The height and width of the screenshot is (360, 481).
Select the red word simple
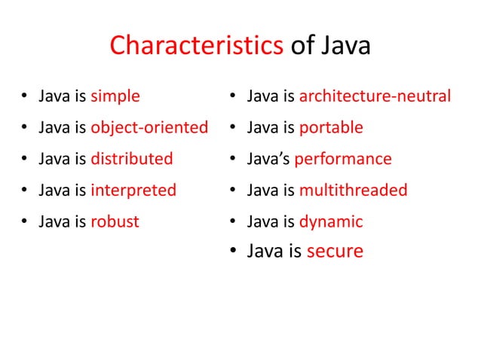tap(115, 96)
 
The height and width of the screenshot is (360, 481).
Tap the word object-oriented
tap(149, 128)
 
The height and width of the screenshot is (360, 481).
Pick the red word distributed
tap(132, 159)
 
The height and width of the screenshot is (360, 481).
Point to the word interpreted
tap(133, 191)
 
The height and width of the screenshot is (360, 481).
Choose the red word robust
tap(115, 222)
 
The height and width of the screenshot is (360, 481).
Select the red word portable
tap(331, 128)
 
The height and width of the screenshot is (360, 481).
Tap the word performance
tap(343, 159)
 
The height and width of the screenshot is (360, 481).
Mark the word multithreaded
tap(353, 191)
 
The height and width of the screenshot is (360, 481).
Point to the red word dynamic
tap(331, 222)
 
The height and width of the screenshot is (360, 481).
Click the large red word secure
tap(335, 251)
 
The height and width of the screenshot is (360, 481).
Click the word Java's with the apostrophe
tap(269, 159)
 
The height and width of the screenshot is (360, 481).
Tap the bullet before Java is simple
tap(25, 97)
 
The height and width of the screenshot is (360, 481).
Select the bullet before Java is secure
tap(235, 252)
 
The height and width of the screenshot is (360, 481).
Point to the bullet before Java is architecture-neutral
tap(235, 97)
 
